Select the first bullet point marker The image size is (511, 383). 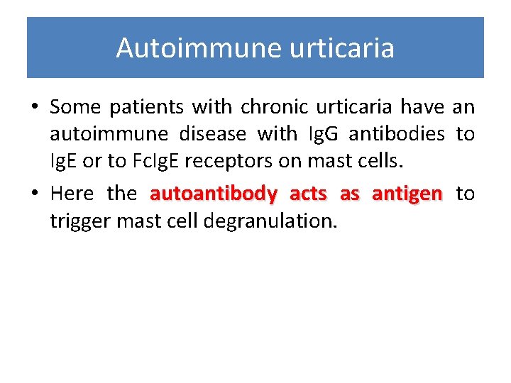pos(34,108)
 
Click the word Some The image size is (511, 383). pos(75,106)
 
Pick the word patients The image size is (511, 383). pos(145,106)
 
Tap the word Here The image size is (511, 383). pos(72,194)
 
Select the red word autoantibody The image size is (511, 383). pos(213,194)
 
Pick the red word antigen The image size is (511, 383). pos(407,194)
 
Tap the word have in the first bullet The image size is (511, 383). pos(422,106)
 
